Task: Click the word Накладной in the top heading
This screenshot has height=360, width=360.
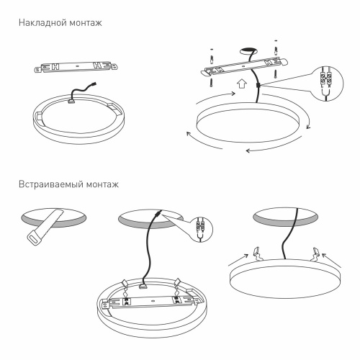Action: pos(40,23)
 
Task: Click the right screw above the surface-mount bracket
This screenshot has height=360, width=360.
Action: pos(277,50)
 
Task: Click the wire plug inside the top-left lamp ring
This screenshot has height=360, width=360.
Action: pos(73,99)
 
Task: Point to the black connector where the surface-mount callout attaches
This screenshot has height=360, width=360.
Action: pos(257,85)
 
